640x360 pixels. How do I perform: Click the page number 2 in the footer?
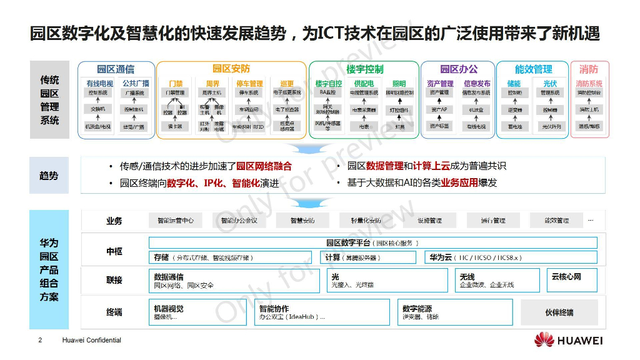pos(40,341)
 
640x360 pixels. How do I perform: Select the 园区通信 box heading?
pos(116,69)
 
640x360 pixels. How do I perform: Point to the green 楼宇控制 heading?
pos(364,69)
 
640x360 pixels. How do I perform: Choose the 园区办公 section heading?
pos(458,69)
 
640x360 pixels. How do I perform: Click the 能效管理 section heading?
pos(532,69)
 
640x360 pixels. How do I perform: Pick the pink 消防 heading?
pos(589,69)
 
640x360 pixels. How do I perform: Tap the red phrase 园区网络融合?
pos(263,166)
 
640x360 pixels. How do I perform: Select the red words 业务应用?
pos(459,183)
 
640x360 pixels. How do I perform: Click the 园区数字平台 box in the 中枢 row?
pos(372,242)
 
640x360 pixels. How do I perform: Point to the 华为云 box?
pos(510,257)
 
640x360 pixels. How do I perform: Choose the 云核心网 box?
pos(572,280)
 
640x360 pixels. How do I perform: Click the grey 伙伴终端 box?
pos(559,312)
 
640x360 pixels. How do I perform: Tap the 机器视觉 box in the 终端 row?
pos(199,312)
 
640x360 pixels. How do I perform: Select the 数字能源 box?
pos(454,312)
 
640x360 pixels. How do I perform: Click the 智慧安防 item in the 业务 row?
pos(302,221)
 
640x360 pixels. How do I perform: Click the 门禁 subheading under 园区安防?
pos(176,83)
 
